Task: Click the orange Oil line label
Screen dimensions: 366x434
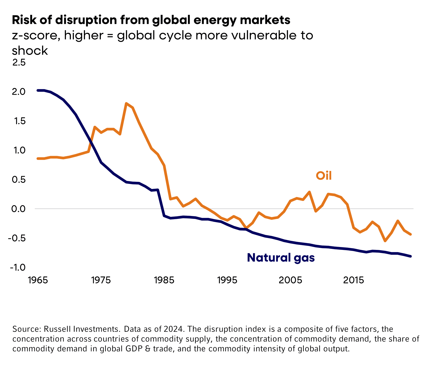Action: click(x=324, y=175)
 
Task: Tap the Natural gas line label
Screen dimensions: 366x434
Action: click(x=281, y=258)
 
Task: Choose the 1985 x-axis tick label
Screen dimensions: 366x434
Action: click(x=164, y=280)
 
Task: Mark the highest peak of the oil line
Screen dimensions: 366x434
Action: click(x=126, y=103)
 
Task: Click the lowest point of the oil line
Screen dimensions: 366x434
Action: click(x=385, y=241)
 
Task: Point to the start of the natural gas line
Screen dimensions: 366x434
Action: click(x=38, y=90)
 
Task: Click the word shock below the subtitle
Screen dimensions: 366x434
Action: click(x=30, y=50)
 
